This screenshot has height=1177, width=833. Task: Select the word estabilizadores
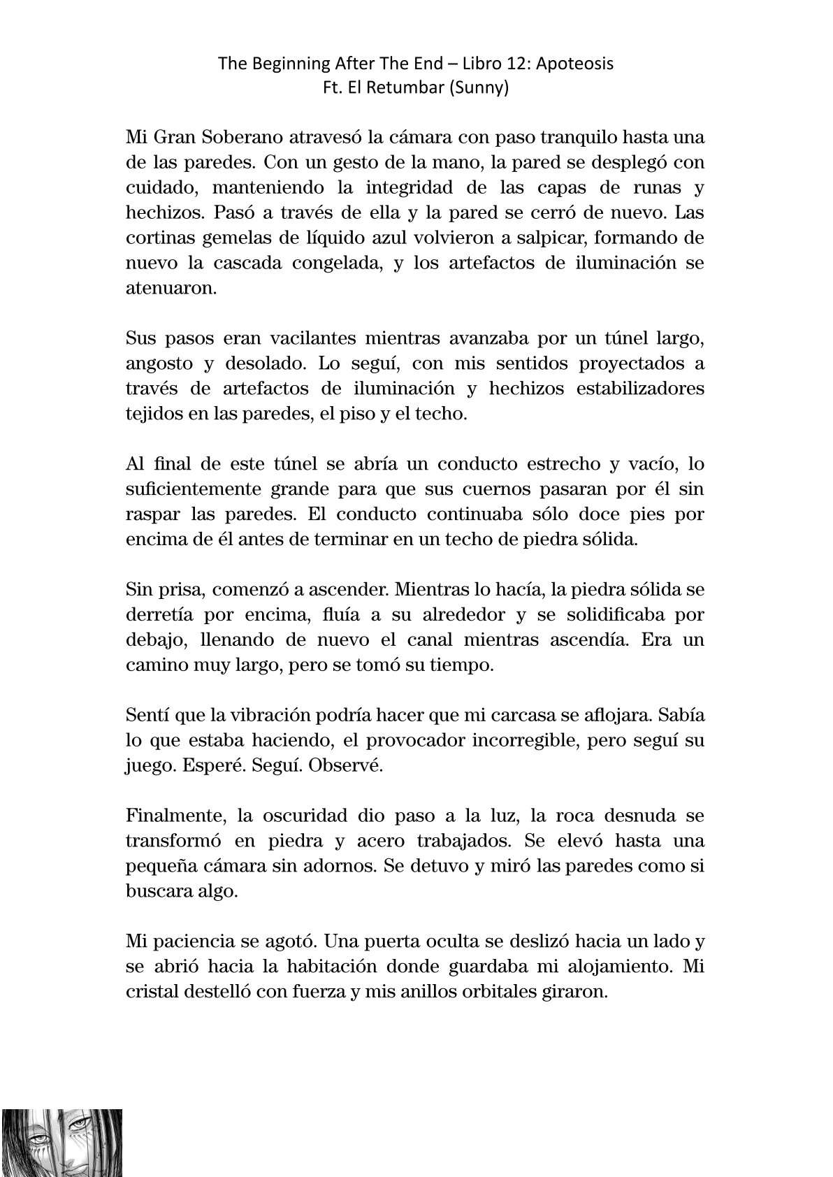pyautogui.click(x=639, y=389)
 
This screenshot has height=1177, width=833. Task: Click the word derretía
pyautogui.click(x=159, y=614)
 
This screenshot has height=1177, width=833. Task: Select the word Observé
pyautogui.click(x=346, y=765)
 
